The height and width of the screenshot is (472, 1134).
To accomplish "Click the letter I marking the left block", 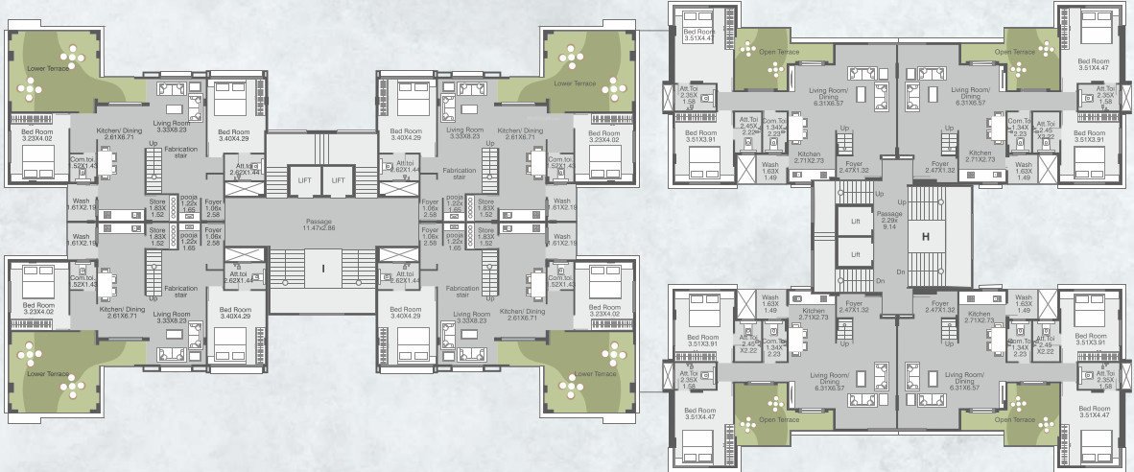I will click(x=323, y=270).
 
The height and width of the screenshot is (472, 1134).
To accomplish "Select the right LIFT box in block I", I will click(x=338, y=179).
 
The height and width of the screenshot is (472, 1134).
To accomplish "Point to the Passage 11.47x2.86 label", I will click(x=322, y=225).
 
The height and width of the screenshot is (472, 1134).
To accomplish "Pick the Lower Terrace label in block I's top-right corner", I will click(x=575, y=84).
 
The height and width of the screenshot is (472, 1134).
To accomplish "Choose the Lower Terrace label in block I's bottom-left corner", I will click(x=47, y=373).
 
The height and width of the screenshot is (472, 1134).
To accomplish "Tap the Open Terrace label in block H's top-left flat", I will click(x=761, y=53).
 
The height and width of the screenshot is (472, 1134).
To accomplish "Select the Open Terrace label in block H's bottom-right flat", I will click(x=1014, y=419).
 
